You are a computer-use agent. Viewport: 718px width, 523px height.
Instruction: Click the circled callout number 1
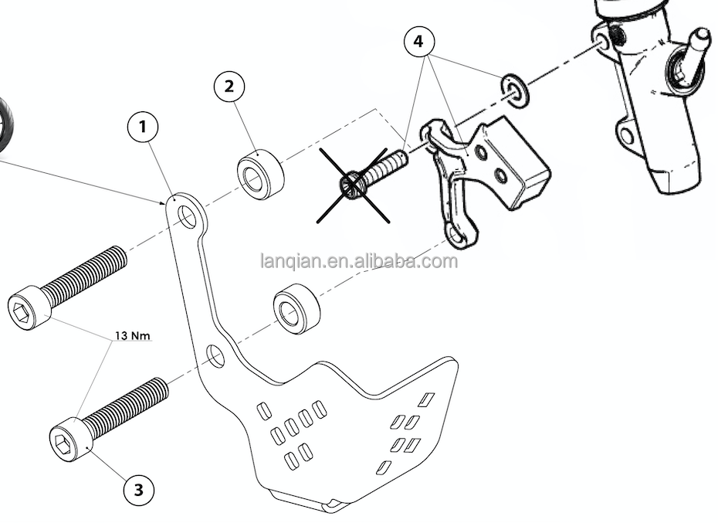point(143,127)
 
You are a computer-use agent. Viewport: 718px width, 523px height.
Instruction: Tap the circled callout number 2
point(229,86)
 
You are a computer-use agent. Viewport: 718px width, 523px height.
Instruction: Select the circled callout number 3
point(138,488)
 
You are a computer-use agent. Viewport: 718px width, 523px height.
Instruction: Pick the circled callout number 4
point(419,41)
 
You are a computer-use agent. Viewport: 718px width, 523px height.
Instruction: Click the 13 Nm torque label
point(132,335)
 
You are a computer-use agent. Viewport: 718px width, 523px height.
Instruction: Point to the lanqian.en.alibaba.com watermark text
point(359,261)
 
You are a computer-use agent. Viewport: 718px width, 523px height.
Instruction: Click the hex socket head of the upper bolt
point(27,307)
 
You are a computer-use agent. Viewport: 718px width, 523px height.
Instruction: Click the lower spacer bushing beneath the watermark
point(297,309)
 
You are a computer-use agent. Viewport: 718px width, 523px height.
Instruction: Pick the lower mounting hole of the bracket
point(216,356)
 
